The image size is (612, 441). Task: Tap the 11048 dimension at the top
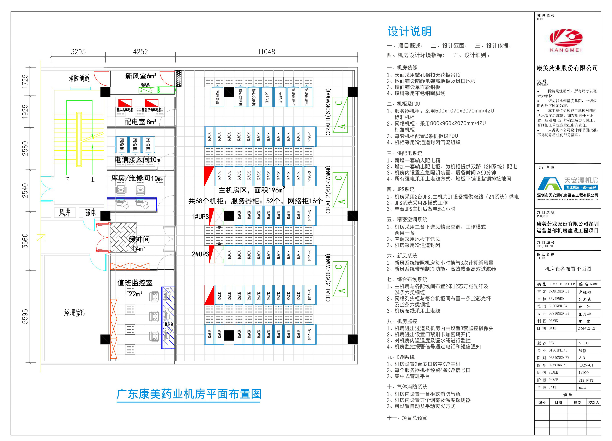[x=266, y=52]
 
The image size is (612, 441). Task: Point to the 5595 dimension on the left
[x=25, y=316]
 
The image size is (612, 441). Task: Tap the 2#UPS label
[x=200, y=254]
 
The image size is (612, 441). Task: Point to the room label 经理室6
[x=74, y=313]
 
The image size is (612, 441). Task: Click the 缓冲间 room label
[x=139, y=240]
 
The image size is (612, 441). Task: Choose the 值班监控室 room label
[x=135, y=283]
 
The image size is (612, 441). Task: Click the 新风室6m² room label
[x=140, y=76]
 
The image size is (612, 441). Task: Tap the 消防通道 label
[x=79, y=78]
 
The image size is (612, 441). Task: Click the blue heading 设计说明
[x=409, y=32]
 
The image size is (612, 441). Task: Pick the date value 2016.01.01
[x=587, y=328]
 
